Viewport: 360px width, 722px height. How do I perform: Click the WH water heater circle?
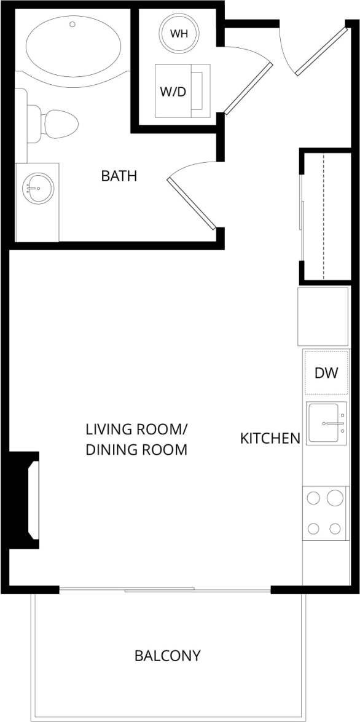click(x=179, y=33)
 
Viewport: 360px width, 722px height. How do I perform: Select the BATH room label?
click(x=119, y=176)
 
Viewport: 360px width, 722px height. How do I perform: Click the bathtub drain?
click(x=72, y=25)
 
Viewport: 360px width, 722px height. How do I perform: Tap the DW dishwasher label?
click(x=326, y=372)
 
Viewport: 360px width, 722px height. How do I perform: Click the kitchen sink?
click(x=327, y=423)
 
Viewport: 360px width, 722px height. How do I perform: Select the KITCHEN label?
click(x=270, y=438)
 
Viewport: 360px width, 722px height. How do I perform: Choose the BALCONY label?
click(x=167, y=656)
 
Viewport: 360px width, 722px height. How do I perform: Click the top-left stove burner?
click(x=313, y=498)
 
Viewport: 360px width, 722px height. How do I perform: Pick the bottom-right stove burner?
click(x=335, y=528)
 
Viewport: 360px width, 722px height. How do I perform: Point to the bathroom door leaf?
click(x=190, y=204)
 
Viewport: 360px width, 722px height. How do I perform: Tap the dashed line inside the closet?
click(x=324, y=215)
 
